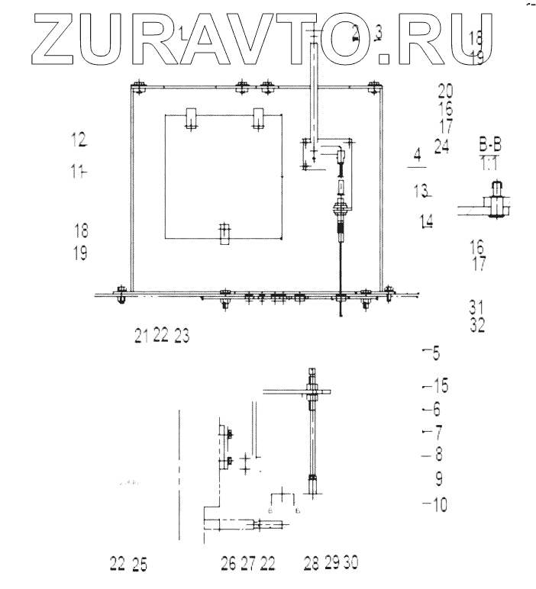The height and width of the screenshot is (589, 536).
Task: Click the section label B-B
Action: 492,145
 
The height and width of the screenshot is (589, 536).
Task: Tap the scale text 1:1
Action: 492,162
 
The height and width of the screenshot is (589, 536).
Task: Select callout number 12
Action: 79,140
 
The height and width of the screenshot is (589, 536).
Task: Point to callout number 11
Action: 78,172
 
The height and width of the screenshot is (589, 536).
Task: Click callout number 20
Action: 446,91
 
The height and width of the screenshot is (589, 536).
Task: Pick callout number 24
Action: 442,147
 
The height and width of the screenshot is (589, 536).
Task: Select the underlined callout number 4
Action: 417,156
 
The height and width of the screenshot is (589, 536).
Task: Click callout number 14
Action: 427,221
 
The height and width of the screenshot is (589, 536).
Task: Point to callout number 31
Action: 477,307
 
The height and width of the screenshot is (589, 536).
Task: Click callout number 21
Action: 141,335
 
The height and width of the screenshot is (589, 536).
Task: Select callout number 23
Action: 182,335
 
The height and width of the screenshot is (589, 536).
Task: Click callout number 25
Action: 139,565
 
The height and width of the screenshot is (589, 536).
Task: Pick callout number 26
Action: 228,565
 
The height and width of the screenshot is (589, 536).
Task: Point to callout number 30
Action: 350,563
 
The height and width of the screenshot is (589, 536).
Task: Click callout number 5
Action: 436,352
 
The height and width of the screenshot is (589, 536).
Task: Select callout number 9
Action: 439,480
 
